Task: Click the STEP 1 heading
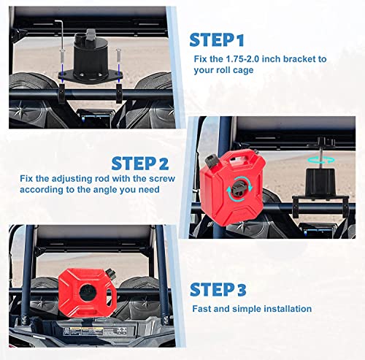click(217, 40)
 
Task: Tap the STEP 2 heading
click(140, 164)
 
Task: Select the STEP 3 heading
click(218, 290)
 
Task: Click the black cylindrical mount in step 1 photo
click(91, 56)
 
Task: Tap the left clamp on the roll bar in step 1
click(62, 93)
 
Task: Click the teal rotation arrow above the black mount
click(320, 160)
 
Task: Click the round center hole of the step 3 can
click(87, 291)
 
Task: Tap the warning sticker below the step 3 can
click(94, 332)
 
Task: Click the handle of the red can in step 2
click(239, 155)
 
